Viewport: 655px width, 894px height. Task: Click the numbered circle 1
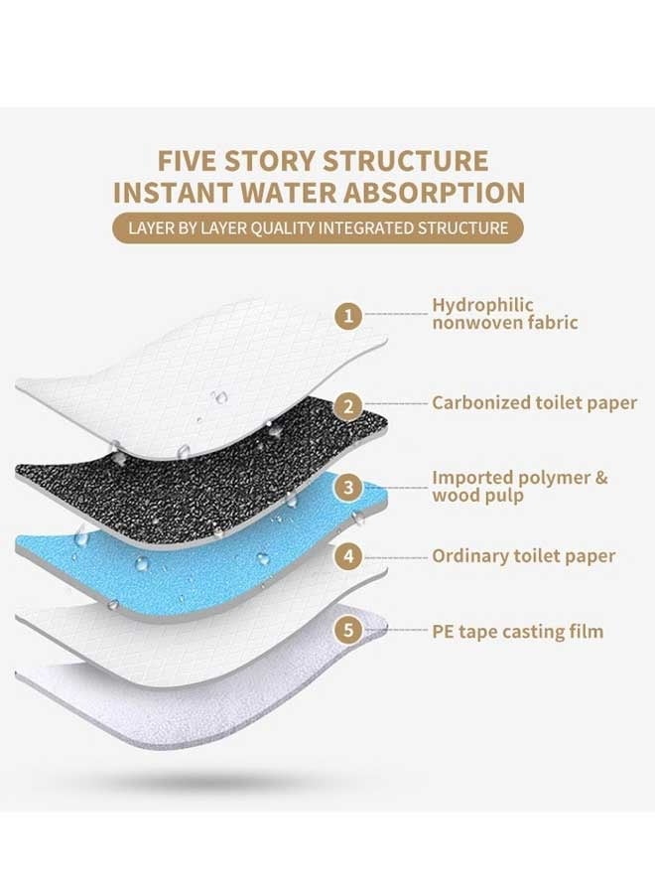346,316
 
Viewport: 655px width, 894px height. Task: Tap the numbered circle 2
346,404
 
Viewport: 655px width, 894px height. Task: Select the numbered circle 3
346,488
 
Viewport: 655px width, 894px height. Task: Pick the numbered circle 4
346,557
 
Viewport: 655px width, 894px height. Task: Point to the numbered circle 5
346,630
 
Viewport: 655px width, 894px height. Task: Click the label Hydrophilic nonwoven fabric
504,314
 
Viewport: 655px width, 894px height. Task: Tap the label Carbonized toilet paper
534,403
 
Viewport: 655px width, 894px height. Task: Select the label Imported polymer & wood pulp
519,487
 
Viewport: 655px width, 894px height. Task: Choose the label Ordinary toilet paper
523,556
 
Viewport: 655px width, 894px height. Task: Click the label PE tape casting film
517,632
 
